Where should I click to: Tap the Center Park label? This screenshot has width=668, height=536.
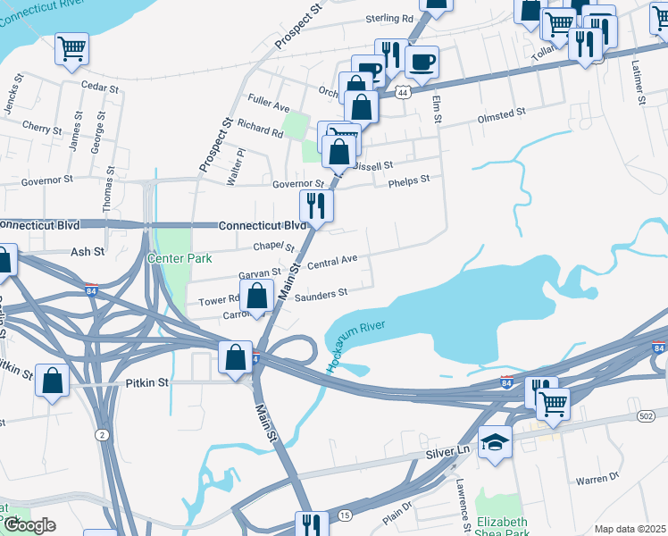tap(180, 259)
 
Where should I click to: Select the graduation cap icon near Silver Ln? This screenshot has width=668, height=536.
tap(495, 443)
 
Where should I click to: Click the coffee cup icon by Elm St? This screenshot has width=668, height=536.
tap(422, 63)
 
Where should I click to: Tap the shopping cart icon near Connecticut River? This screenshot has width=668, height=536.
tap(71, 49)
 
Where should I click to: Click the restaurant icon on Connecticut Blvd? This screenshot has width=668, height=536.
tap(316, 206)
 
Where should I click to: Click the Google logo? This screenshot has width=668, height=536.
tap(29, 525)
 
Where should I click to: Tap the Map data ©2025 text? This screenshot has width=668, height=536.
tap(630, 529)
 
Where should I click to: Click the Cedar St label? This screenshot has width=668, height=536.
tap(99, 88)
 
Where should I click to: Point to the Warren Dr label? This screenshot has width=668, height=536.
tap(597, 480)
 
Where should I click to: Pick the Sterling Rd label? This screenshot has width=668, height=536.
tap(389, 18)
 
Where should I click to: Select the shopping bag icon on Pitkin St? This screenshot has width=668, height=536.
tap(53, 381)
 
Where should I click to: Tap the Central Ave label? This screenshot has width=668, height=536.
tap(331, 263)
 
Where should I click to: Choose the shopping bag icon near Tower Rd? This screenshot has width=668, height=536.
tap(257, 297)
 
